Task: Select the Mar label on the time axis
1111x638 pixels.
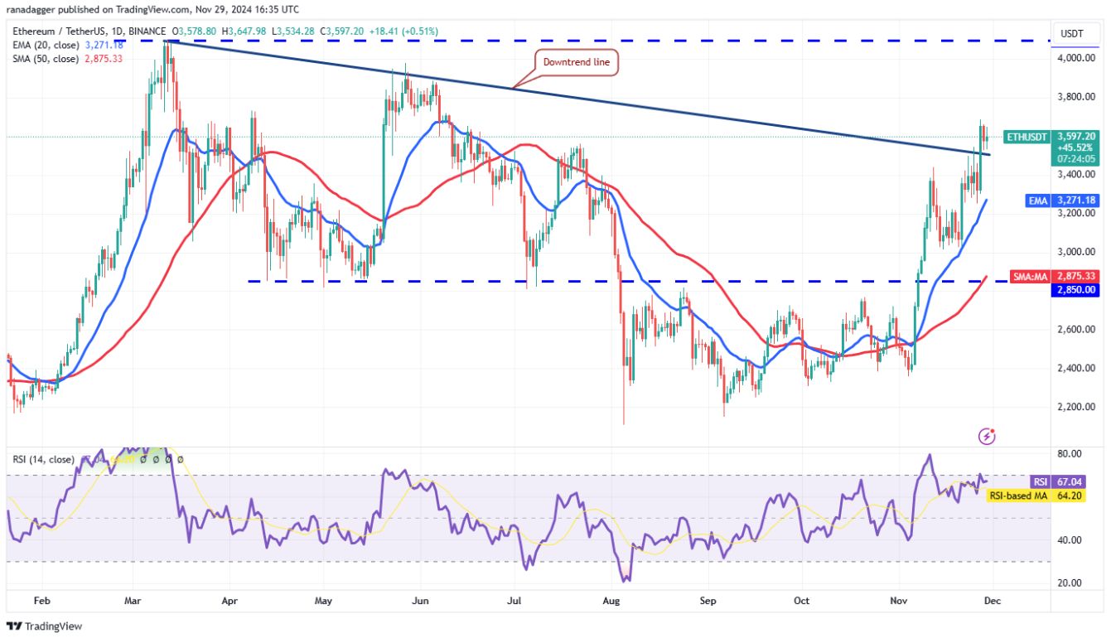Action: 134,602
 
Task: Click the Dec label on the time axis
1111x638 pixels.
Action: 993,602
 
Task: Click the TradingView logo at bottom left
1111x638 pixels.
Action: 45,626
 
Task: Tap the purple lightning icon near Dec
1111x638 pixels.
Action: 987,435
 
